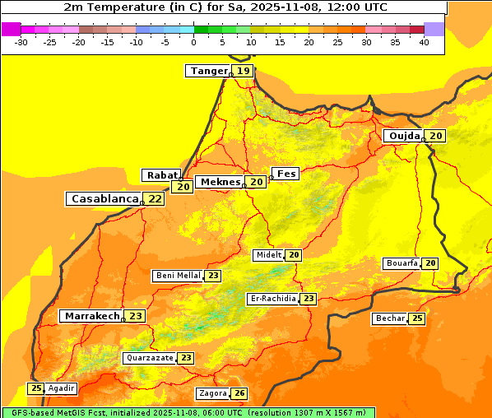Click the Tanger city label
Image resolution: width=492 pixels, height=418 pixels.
pyautogui.click(x=208, y=71)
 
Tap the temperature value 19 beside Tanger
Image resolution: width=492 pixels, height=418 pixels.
pyautogui.click(x=244, y=71)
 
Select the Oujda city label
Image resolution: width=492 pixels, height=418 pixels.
pyautogui.click(x=404, y=136)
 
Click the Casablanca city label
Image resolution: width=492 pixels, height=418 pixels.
pyautogui.click(x=104, y=198)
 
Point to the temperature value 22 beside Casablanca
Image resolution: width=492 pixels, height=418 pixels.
pyautogui.click(x=155, y=198)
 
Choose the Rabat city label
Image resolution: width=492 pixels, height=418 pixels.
pyautogui.click(x=158, y=175)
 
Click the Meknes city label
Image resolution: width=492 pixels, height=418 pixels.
pyautogui.click(x=220, y=182)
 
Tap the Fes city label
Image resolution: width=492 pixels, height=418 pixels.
pyautogui.click(x=286, y=174)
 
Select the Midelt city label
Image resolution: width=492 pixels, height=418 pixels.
pyautogui.click(x=268, y=255)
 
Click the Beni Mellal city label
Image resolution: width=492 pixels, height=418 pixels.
pyautogui.click(x=178, y=276)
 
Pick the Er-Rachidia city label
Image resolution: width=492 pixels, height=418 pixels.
pyautogui.click(x=273, y=299)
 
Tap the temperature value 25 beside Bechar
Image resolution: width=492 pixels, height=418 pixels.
pyautogui.click(x=417, y=318)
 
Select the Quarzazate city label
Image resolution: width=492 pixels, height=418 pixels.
pyautogui.click(x=150, y=358)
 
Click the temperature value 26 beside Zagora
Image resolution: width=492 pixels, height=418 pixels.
pyautogui.click(x=239, y=393)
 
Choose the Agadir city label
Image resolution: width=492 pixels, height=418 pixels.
pyautogui.click(x=62, y=388)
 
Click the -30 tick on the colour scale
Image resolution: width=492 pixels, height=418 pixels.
pyautogui.click(x=21, y=41)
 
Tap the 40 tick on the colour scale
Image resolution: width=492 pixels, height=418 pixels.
pyautogui.click(x=424, y=41)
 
